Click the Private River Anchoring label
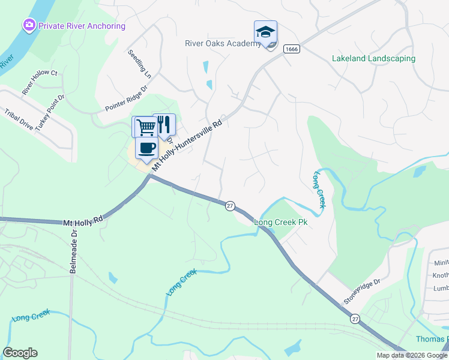(x=82, y=26)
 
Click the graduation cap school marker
(x=265, y=32)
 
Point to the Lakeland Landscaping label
(x=373, y=59)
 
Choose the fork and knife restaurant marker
(x=164, y=125)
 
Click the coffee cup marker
(x=146, y=148)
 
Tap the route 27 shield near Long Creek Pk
(x=230, y=206)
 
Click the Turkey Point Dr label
(x=50, y=113)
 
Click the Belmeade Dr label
(x=73, y=251)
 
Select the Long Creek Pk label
(x=282, y=222)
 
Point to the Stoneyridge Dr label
(x=362, y=290)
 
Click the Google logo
(x=20, y=353)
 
